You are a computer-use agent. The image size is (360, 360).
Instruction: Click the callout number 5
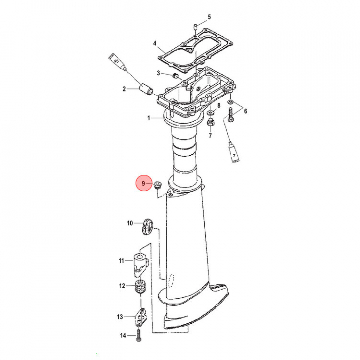tap(209, 17)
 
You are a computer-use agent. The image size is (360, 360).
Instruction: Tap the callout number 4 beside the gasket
tap(155, 43)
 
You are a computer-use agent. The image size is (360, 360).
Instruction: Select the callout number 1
tap(149, 118)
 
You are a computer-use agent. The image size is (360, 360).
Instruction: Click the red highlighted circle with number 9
tap(144, 183)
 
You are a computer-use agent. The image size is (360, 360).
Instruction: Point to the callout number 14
tap(123, 335)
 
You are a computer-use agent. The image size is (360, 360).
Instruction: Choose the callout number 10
tap(130, 223)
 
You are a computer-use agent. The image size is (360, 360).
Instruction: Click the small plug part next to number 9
tap(157, 185)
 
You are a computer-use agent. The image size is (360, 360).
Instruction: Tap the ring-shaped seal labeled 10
tap(147, 227)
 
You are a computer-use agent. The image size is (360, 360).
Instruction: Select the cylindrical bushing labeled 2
tap(146, 89)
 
